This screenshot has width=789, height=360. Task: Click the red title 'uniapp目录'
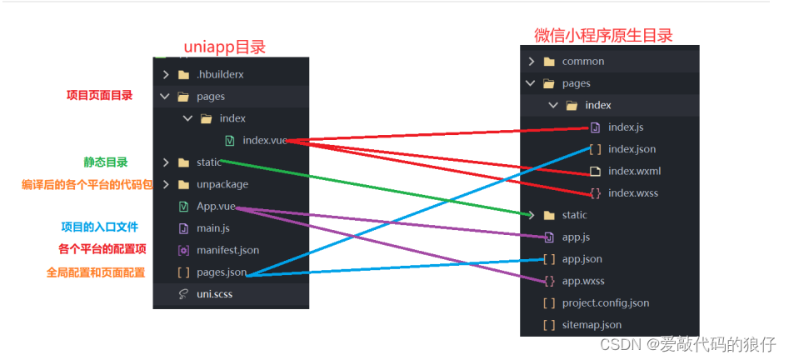point(229,47)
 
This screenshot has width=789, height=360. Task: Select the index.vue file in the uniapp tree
point(264,140)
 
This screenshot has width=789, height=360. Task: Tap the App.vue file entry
point(216,206)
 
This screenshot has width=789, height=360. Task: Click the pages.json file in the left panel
point(221,272)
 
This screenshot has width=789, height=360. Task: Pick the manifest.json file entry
point(227,249)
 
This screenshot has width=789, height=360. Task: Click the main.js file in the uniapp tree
point(212,227)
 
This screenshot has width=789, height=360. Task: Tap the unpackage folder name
point(222,184)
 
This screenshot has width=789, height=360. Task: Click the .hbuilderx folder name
point(220,74)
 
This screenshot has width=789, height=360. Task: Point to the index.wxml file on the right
point(634,171)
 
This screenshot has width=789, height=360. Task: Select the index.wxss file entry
point(632,193)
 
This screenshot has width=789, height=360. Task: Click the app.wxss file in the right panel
point(582,281)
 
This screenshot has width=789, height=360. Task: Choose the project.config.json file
point(605,302)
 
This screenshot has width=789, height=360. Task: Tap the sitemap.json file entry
point(592,325)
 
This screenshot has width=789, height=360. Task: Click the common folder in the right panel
point(582,61)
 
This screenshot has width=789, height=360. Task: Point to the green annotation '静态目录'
point(105,162)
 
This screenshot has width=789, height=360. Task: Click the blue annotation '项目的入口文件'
point(99,227)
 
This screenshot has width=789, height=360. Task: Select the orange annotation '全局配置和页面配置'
point(96,272)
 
